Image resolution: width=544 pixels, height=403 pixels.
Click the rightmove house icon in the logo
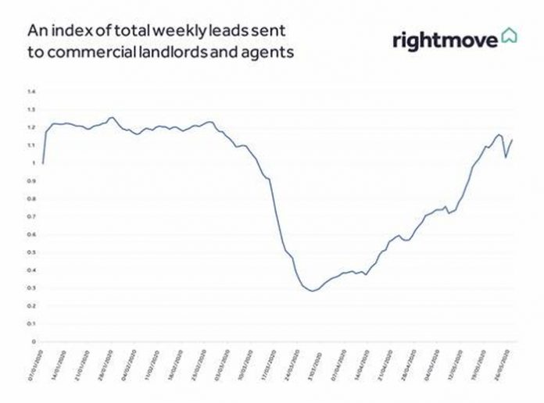click(x=510, y=36)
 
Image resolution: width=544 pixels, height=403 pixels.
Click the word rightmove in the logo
click(x=445, y=39)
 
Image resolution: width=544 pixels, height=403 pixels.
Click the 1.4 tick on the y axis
click(x=32, y=91)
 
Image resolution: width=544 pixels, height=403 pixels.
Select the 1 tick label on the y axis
click(x=34, y=163)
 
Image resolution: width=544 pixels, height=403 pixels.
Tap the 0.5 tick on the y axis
click(x=32, y=252)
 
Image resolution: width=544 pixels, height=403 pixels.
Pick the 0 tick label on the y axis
click(x=34, y=342)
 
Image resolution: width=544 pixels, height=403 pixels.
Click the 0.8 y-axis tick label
click(x=32, y=198)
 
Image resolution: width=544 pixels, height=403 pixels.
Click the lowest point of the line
click(x=313, y=291)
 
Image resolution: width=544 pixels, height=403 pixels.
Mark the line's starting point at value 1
click(x=43, y=163)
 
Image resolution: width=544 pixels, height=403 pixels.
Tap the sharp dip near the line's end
click(x=506, y=157)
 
